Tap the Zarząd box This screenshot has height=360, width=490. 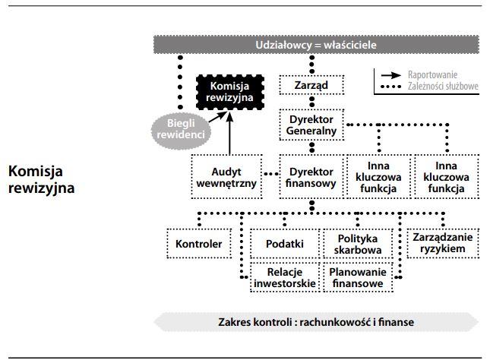310,85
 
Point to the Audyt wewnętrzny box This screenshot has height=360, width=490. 228,176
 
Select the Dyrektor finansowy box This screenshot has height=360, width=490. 310,176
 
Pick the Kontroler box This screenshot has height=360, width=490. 198,244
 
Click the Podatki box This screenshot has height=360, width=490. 285,244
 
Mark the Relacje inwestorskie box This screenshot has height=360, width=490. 285,277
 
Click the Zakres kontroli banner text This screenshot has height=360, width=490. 315,321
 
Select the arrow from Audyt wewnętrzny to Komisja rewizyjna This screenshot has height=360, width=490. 229,133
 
